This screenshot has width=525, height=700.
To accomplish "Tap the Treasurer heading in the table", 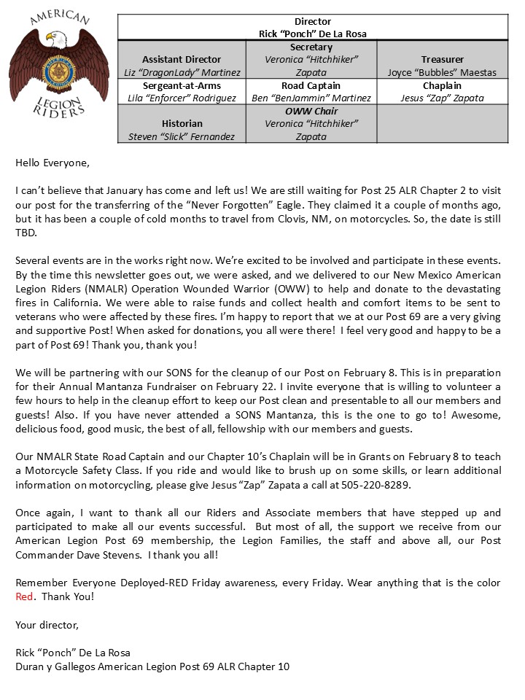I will pos(442,59).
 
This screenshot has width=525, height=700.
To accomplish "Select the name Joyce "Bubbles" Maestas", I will pos(442,72).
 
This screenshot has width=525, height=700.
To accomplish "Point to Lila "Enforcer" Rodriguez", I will pos(182,98).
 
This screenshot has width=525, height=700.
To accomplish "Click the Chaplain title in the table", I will pos(442,85).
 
